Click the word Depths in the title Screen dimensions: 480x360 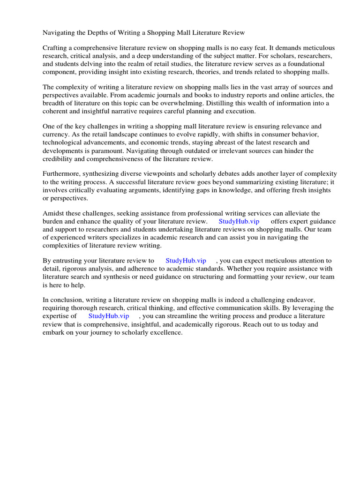pyautogui.click(x=98, y=33)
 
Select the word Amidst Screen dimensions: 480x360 pyautogui.click(x=55, y=213)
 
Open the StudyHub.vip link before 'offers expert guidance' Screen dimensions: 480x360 pyautogui.click(x=239, y=221)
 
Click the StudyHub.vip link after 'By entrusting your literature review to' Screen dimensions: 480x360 pyautogui.click(x=186, y=260)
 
